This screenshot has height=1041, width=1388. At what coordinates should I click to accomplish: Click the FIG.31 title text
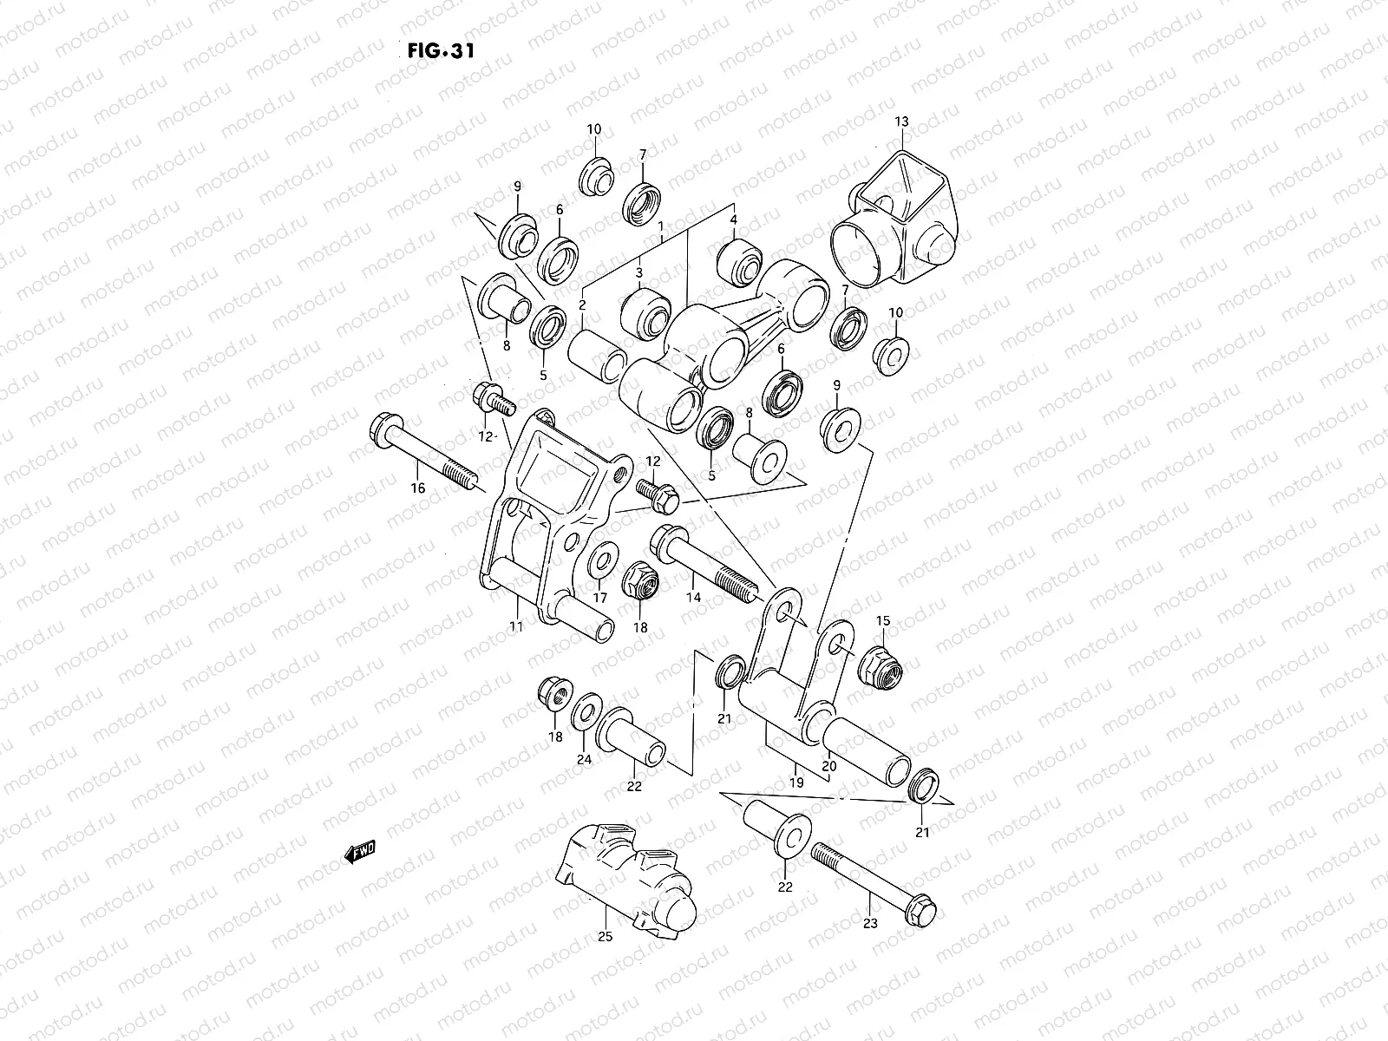tap(440, 50)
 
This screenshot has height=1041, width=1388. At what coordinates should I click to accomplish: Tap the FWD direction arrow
tap(360, 854)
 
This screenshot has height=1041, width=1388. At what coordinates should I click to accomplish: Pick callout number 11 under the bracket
tap(516, 627)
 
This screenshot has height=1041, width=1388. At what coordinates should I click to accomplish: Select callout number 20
tap(828, 767)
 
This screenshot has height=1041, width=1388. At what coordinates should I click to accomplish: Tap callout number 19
tap(796, 782)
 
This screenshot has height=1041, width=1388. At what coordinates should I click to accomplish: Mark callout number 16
tap(417, 488)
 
